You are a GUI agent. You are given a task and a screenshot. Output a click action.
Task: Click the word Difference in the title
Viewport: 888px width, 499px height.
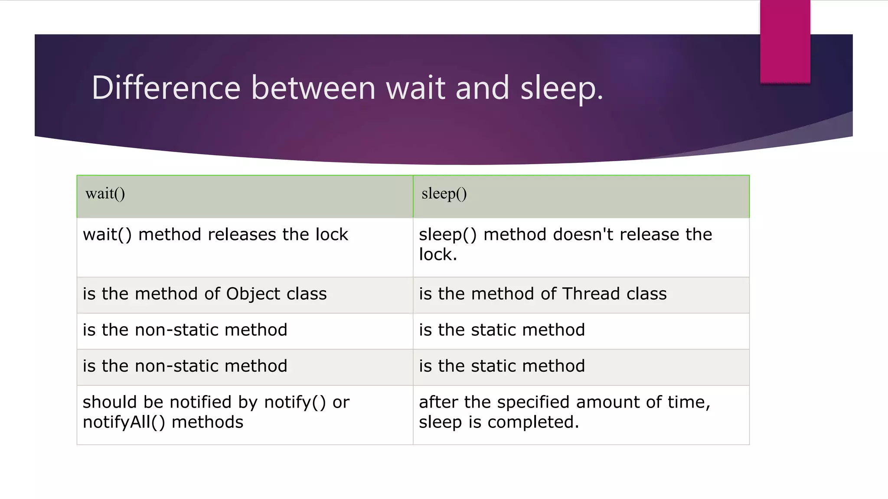click(166, 87)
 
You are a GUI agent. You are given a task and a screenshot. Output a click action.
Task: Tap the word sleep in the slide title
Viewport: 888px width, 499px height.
click(561, 88)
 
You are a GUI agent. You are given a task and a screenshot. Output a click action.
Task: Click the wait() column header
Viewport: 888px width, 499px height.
click(105, 194)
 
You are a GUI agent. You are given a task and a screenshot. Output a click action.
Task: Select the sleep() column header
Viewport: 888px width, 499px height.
click(444, 194)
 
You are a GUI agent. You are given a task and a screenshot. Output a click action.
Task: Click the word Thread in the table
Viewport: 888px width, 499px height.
click(591, 294)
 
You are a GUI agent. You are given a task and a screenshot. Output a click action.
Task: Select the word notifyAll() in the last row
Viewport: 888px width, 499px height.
click(124, 422)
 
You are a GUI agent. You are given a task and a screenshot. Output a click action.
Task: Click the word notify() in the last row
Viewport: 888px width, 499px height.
click(295, 402)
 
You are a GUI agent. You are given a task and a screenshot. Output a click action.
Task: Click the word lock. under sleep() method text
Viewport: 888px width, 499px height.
click(438, 255)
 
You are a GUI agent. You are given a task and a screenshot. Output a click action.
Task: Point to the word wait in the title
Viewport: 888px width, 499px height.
click(415, 87)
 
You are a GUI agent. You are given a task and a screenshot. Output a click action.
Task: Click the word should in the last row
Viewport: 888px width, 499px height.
click(110, 402)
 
